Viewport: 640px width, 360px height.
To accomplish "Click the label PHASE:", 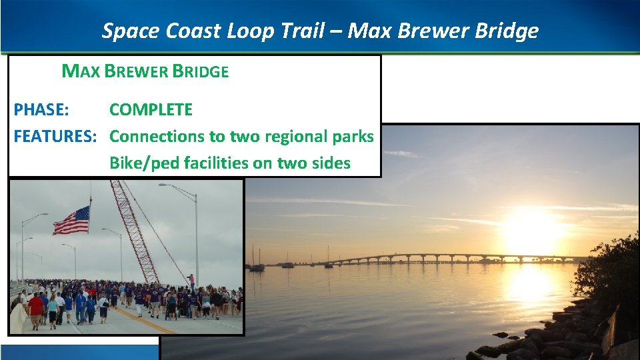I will pyautogui.click(x=45, y=110).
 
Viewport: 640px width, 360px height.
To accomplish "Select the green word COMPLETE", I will pyautogui.click(x=151, y=110).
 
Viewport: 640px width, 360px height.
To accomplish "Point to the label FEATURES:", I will pyautogui.click(x=55, y=137).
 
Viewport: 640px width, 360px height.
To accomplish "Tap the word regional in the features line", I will pyautogui.click(x=298, y=137).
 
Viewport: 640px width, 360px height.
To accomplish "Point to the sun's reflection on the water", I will pyautogui.click(x=530, y=283).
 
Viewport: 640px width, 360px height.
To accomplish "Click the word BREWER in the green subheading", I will pyautogui.click(x=137, y=71).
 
